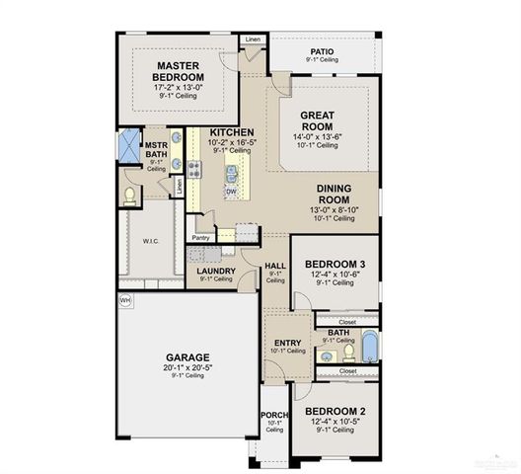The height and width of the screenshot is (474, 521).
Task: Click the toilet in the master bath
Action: click(x=129, y=195)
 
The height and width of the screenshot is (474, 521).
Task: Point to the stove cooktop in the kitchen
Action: click(x=194, y=170)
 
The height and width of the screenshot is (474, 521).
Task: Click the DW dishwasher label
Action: click(x=230, y=191)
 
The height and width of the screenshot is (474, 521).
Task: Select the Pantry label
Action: click(x=201, y=237)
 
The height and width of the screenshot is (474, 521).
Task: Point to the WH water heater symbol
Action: click(x=125, y=299)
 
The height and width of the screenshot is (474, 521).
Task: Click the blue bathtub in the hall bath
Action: click(x=369, y=347)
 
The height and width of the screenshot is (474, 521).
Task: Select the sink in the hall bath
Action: click(x=326, y=352)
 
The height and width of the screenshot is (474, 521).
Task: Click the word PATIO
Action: click(x=322, y=50)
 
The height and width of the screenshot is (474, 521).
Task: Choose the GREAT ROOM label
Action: click(x=322, y=120)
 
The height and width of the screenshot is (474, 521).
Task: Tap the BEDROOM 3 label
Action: click(x=335, y=263)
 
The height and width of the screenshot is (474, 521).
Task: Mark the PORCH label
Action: click(x=273, y=415)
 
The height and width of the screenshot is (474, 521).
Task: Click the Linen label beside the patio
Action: click(x=254, y=39)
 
